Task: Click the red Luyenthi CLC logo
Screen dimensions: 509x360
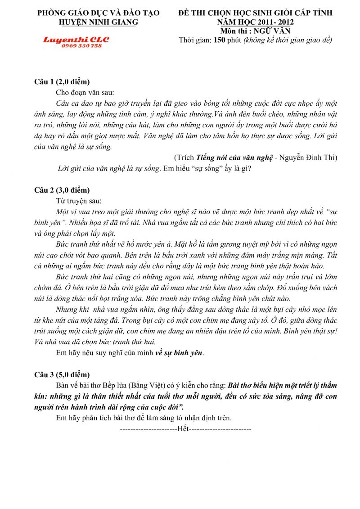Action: click(x=76, y=40)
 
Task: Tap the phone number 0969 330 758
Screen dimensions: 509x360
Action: click(x=76, y=46)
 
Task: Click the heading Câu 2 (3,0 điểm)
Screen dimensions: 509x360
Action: click(x=62, y=190)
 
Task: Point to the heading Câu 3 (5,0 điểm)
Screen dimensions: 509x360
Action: click(x=62, y=374)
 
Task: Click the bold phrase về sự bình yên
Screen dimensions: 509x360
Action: click(x=179, y=353)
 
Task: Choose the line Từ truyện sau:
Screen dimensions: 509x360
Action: click(x=79, y=201)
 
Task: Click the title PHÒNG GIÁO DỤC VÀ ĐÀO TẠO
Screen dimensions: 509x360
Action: click(x=98, y=13)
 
